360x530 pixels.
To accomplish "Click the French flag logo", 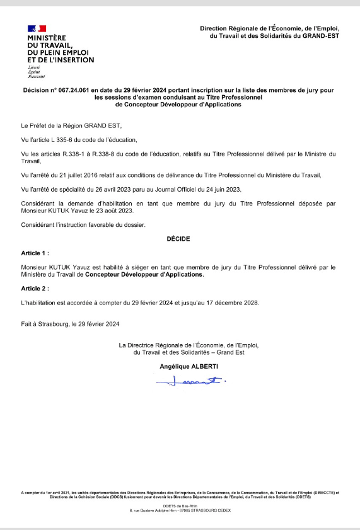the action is click(37, 28).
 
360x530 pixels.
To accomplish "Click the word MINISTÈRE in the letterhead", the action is click(47, 37).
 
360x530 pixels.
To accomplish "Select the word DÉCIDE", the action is click(178, 239).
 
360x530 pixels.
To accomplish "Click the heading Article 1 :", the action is click(35, 253).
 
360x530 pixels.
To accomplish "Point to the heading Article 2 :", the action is click(35, 288).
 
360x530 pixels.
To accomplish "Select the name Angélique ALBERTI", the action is click(180, 366).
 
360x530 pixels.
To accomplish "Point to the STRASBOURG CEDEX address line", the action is click(180, 510).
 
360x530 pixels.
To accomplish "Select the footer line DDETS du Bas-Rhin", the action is click(180, 506).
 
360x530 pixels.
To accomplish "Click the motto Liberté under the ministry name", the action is click(33, 66).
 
